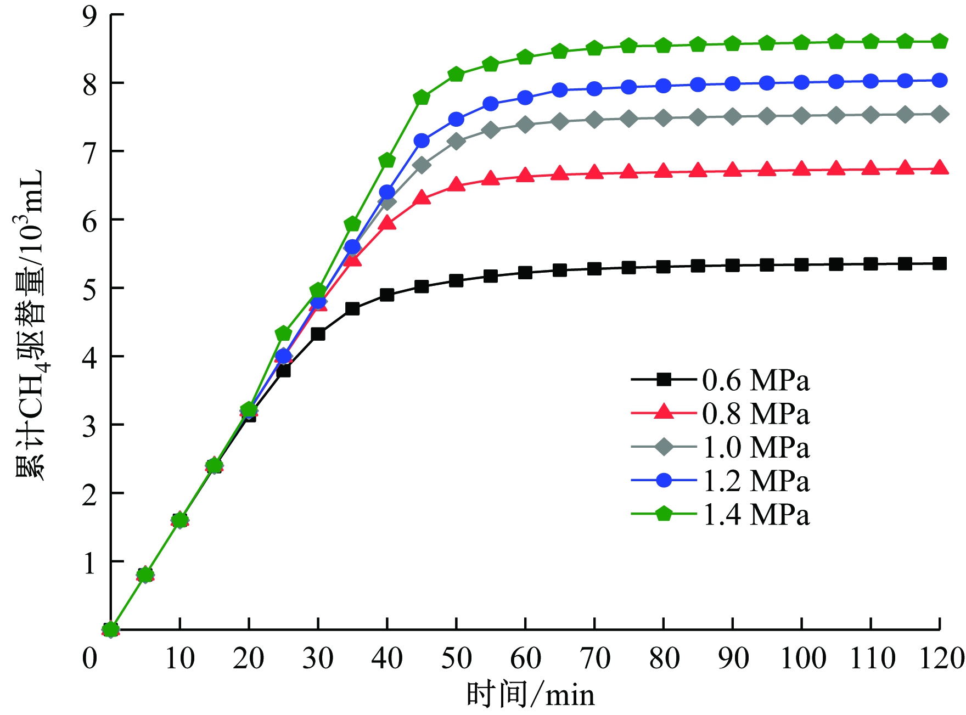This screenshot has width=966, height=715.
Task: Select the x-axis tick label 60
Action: (x=525, y=658)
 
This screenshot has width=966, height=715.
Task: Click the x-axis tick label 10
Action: (x=179, y=658)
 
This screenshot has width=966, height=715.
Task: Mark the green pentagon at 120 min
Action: (x=940, y=42)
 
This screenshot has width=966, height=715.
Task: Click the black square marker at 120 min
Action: (x=940, y=263)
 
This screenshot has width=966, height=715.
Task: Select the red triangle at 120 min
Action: (x=940, y=168)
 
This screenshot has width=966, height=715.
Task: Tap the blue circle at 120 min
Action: (x=940, y=80)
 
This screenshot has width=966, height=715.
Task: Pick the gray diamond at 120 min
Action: (x=940, y=114)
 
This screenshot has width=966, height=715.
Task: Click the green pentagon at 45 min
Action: (x=422, y=98)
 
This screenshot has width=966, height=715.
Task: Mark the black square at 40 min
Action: (x=387, y=295)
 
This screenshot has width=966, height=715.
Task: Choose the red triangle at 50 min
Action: (x=456, y=184)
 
